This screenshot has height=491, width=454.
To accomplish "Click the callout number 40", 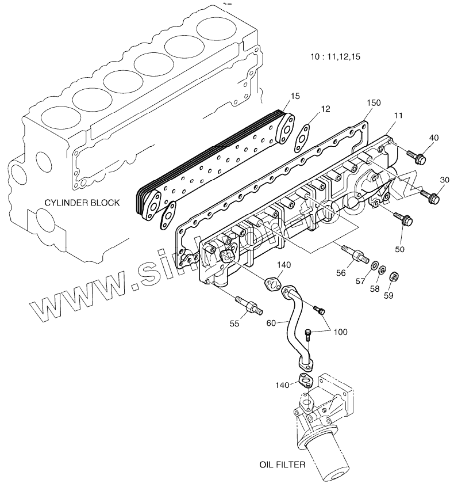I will pos(434,138).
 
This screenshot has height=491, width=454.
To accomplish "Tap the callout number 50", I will pos(400,249).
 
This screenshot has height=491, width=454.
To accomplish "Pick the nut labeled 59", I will pos(394,276).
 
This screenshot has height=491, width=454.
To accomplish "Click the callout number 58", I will pos(374,288).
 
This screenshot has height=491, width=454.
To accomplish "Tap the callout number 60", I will pos(272,323).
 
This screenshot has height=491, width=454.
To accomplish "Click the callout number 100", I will pos(340,332).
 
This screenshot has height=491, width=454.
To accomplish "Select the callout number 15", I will pos(295,96).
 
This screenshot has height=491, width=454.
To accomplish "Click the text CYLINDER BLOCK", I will pos(84,202).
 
